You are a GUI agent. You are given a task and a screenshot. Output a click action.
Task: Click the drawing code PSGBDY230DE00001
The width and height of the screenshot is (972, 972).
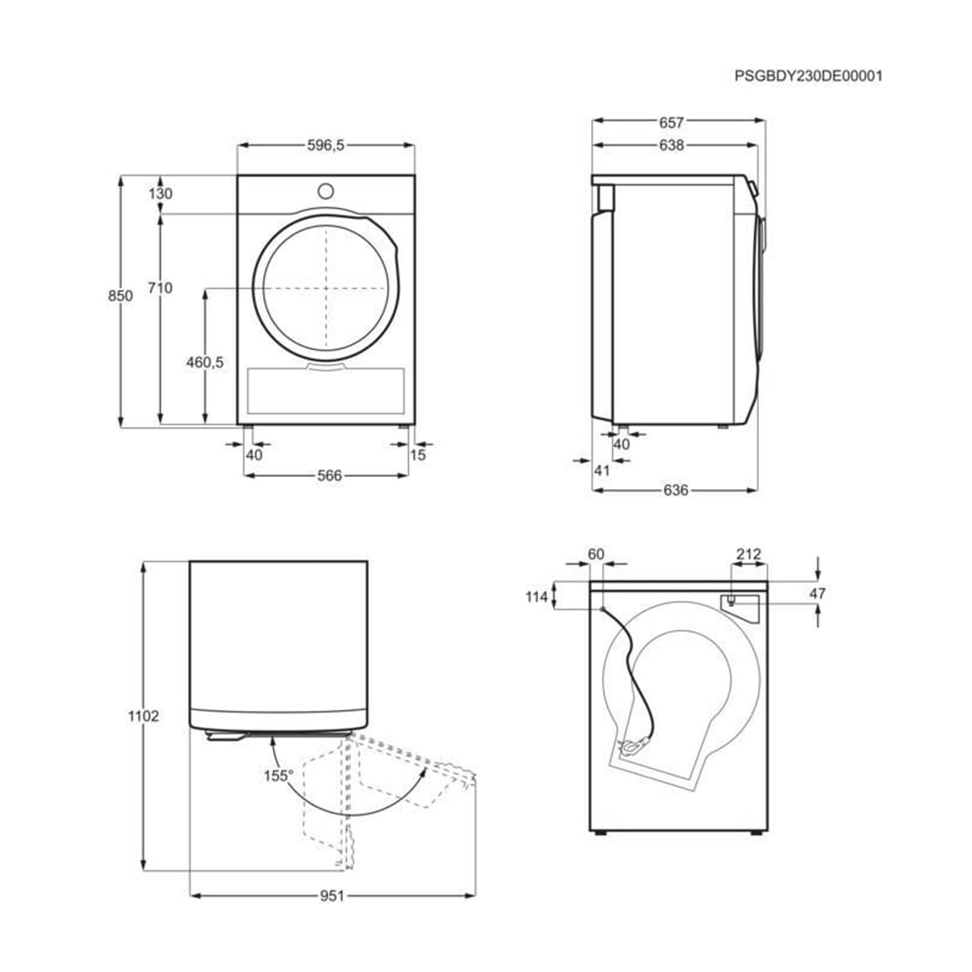(808, 76)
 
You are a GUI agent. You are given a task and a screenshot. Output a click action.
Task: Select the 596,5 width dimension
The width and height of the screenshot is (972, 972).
(326, 145)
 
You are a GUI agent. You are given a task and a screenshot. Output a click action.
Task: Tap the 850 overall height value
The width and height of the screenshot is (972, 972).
(120, 296)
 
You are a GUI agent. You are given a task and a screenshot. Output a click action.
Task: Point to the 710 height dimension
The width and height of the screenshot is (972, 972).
(160, 288)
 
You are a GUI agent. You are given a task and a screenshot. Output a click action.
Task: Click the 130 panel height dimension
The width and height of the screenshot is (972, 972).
(160, 193)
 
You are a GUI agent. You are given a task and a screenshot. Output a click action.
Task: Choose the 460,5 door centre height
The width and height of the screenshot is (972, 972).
(205, 362)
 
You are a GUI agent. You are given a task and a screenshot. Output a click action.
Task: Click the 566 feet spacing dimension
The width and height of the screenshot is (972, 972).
(330, 475)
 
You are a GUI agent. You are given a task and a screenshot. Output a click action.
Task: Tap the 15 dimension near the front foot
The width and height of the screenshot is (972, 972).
(418, 455)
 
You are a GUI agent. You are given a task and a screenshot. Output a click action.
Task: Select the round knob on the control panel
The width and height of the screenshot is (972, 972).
(326, 191)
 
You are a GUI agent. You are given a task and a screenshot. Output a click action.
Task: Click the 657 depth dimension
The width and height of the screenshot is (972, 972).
(671, 123)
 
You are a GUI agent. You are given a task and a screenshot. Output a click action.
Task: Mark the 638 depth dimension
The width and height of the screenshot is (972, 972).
(671, 145)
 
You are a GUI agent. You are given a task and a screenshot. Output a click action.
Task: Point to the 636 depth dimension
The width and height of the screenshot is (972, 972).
(675, 490)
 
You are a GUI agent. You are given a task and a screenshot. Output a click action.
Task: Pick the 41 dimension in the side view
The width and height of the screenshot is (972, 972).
(601, 470)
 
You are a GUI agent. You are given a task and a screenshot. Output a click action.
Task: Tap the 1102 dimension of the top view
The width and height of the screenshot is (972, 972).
(143, 716)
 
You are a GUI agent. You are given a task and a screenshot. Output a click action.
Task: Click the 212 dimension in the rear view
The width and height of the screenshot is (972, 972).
(748, 554)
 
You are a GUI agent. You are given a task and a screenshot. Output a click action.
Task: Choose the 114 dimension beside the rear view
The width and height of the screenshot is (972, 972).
(537, 597)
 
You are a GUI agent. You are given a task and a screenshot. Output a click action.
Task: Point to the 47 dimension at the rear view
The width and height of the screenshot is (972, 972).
(817, 593)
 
